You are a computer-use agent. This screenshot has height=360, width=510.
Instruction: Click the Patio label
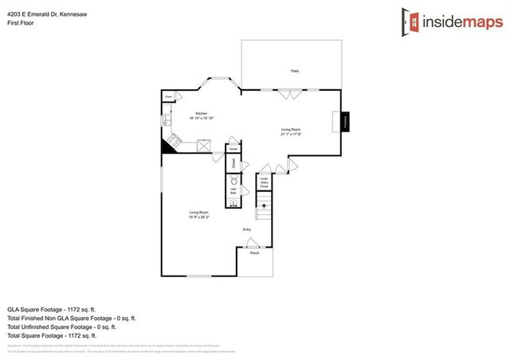[x=295, y=72]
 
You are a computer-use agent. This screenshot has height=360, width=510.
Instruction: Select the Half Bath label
[x=233, y=191]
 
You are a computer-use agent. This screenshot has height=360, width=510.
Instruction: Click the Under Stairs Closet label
[x=264, y=182]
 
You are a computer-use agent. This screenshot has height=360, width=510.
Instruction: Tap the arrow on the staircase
[x=264, y=206]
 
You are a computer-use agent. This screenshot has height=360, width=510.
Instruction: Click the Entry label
[x=247, y=230]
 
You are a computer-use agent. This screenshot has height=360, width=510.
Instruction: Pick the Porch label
[x=255, y=252]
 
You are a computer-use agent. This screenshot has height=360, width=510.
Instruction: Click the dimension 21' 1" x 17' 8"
[x=291, y=133]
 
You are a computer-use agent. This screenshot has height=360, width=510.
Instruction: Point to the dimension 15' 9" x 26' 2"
[x=199, y=217]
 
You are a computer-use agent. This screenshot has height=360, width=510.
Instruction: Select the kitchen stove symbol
[x=171, y=144]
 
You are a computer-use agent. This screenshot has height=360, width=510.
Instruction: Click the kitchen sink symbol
[x=167, y=120]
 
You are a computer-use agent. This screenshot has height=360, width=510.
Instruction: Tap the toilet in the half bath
[x=234, y=179]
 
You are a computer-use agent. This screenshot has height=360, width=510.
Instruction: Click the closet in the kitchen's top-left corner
[x=168, y=97]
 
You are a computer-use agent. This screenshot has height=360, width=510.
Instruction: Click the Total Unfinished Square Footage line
[x=62, y=327]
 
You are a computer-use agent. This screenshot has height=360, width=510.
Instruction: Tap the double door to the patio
[x=291, y=93]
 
